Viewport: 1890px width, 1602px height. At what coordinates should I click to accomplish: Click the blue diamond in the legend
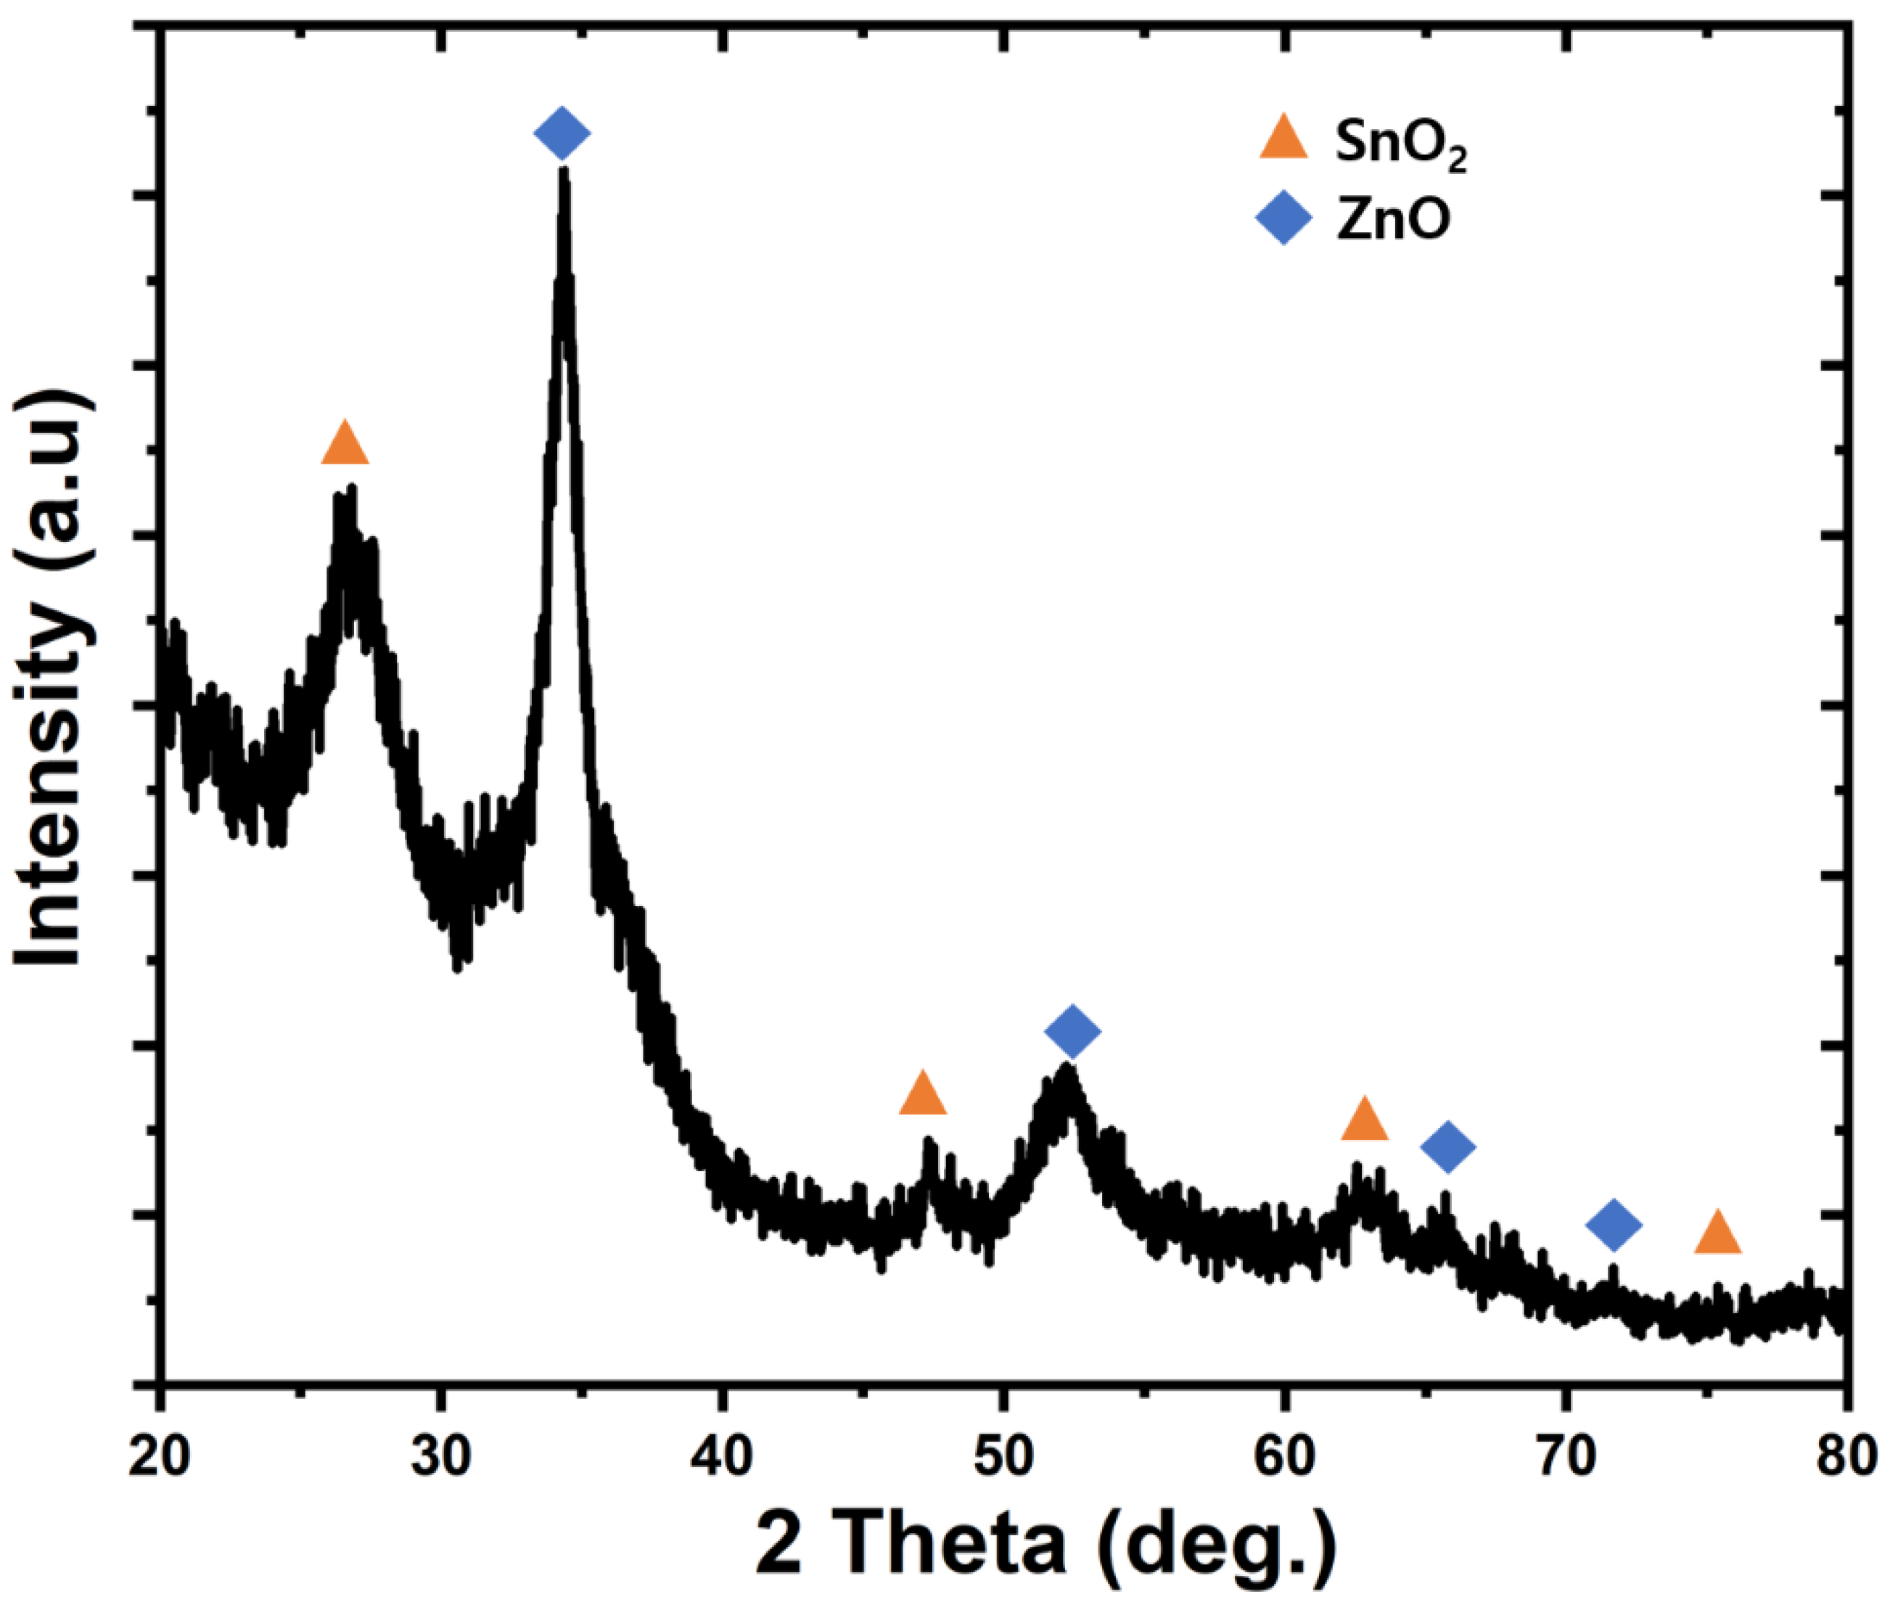(1283, 218)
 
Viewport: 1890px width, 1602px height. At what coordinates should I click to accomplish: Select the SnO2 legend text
(1400, 144)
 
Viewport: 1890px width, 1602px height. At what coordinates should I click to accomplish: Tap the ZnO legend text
(1392, 219)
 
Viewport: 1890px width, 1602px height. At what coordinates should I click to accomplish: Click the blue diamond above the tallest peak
(562, 133)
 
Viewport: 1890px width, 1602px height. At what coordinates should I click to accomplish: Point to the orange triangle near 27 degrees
(345, 445)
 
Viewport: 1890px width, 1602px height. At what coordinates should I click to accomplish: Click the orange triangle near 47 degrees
(923, 1094)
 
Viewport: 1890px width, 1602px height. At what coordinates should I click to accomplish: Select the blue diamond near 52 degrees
(1072, 1031)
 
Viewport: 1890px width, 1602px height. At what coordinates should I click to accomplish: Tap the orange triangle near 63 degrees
(1364, 1119)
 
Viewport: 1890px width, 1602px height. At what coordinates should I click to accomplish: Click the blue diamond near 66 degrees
(1447, 1146)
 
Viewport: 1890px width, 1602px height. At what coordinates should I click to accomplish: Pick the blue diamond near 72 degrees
(1613, 1224)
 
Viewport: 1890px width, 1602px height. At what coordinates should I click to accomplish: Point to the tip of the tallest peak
(564, 173)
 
